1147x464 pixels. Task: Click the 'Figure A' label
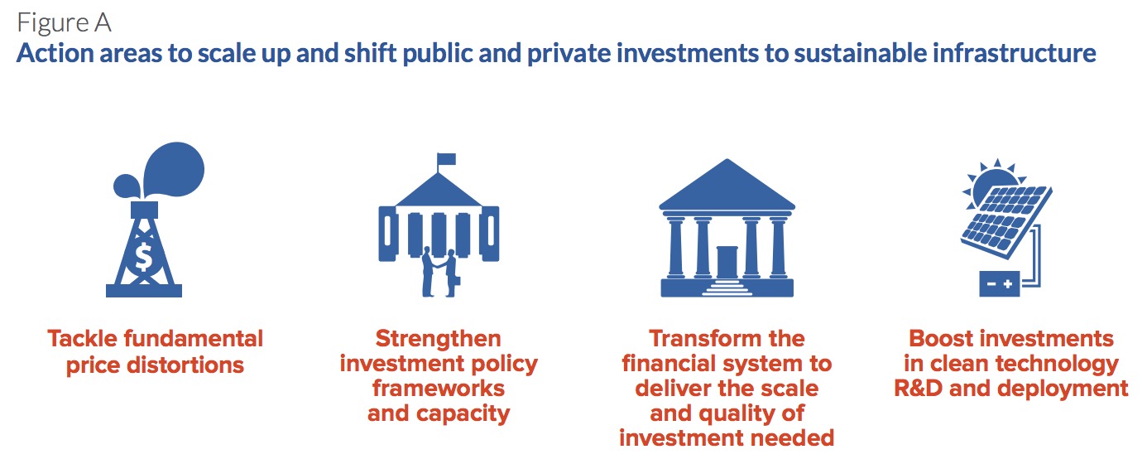[x=64, y=23]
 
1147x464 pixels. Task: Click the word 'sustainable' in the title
[x=861, y=53]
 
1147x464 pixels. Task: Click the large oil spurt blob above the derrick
[x=173, y=169]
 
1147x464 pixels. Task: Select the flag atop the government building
[x=446, y=159]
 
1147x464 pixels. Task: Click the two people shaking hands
[x=439, y=273]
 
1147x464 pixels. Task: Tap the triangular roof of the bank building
[x=727, y=186]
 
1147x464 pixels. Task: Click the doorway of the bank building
[x=727, y=263]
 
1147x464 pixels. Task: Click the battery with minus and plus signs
[x=999, y=283]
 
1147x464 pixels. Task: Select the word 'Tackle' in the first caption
[x=82, y=339]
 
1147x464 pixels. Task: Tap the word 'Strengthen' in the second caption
[x=439, y=340]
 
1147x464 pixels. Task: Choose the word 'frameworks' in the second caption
[x=439, y=389]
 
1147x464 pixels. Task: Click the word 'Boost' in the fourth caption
[x=941, y=339]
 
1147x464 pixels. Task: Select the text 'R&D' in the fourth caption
[x=918, y=389]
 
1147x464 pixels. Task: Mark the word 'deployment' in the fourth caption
[x=1063, y=389]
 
